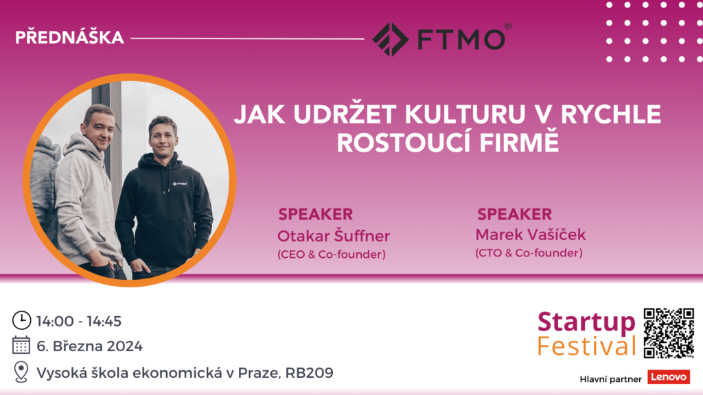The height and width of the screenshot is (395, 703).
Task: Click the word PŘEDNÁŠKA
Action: tap(69, 38)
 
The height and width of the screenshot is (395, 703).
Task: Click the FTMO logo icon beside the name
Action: tap(390, 39)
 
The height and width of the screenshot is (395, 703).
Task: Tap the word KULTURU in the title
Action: tap(465, 115)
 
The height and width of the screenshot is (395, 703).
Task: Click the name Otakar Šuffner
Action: tap(334, 236)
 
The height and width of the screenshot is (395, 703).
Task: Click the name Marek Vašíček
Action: tap(531, 235)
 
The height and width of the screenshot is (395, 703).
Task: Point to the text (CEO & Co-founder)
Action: tap(332, 254)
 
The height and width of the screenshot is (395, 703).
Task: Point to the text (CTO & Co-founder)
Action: tap(529, 253)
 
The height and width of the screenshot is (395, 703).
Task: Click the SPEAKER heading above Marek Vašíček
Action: tap(514, 214)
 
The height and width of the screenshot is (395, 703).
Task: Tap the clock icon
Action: tap(21, 321)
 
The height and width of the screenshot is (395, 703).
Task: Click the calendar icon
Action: tap(21, 346)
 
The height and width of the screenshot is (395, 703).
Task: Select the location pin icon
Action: tap(21, 372)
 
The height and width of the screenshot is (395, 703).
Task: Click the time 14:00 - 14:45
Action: tap(79, 321)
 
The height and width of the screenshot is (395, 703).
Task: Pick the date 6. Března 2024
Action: tap(90, 346)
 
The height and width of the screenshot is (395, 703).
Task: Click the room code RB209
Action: tap(310, 372)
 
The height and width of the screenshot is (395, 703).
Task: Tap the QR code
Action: tap(669, 333)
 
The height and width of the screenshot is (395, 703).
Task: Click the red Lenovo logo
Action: tap(669, 377)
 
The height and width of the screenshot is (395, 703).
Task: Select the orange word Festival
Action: tap(586, 346)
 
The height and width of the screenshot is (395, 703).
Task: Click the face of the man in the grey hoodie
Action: tap(99, 128)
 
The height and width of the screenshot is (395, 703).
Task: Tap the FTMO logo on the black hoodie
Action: tap(180, 184)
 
